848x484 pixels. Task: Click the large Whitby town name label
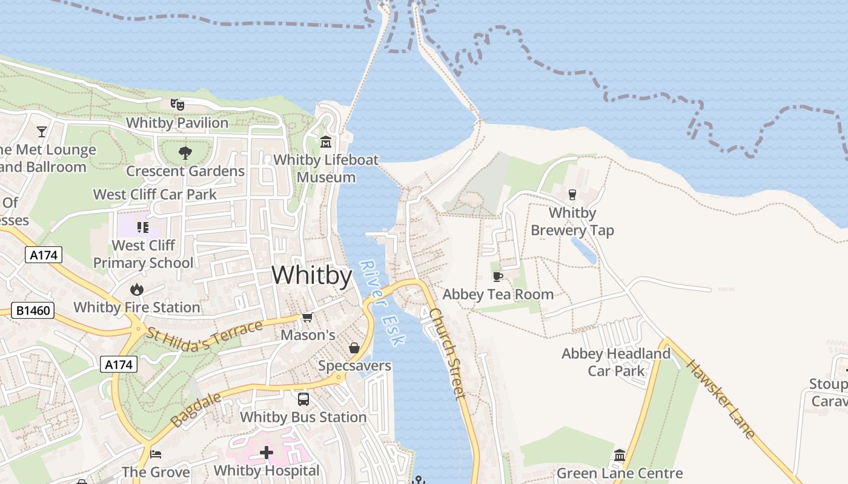click(311, 276)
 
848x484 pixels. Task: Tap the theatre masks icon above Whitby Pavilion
click(177, 104)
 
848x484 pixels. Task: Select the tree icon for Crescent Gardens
click(185, 153)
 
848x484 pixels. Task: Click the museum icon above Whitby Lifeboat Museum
click(326, 142)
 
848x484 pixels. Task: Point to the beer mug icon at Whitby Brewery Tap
click(572, 195)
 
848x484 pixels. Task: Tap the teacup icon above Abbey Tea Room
click(498, 276)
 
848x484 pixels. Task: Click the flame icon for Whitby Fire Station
click(137, 289)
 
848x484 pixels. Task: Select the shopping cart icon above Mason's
click(308, 317)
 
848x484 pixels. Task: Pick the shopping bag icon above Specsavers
click(354, 348)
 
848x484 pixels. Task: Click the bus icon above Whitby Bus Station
click(303, 399)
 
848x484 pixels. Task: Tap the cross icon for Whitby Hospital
click(267, 453)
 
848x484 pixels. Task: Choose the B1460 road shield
click(33, 311)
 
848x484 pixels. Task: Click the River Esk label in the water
click(382, 302)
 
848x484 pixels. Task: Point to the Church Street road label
click(448, 353)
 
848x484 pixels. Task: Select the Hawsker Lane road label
click(721, 399)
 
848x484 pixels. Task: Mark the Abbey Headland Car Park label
click(616, 362)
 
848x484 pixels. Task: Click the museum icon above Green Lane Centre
click(620, 455)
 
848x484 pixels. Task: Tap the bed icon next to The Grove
click(156, 454)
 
